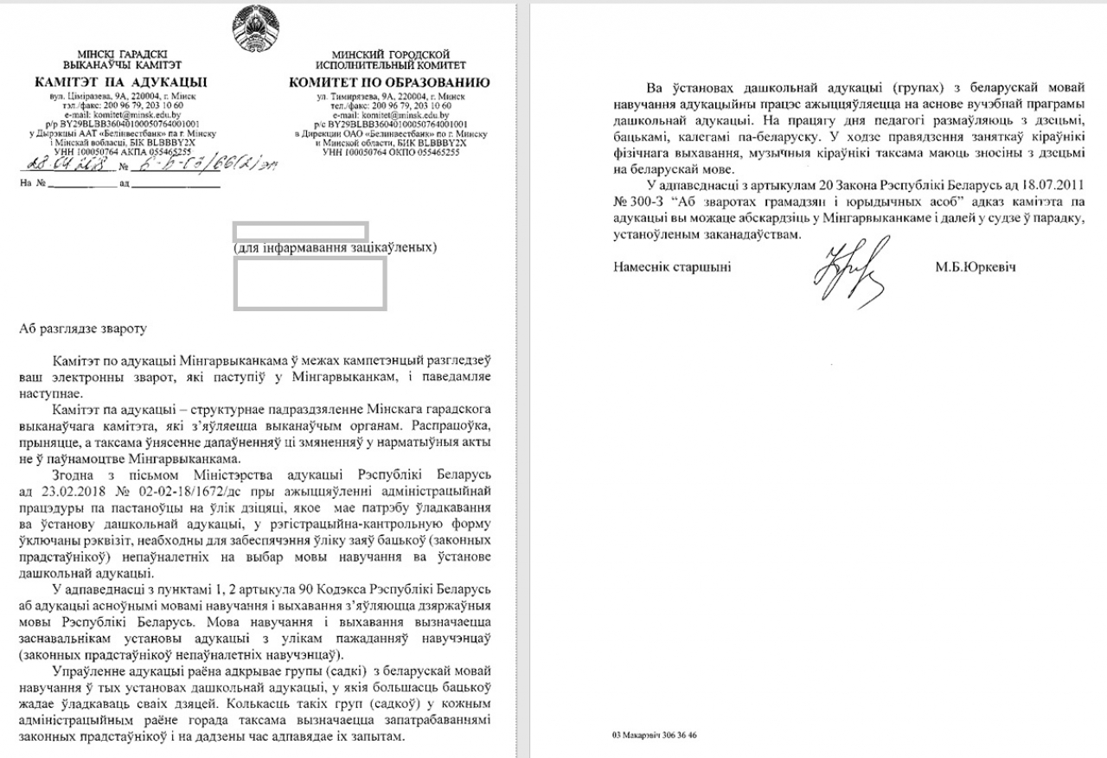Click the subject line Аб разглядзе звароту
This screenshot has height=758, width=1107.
84,328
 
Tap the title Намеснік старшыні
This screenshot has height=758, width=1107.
672,267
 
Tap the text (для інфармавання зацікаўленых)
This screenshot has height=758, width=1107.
335,248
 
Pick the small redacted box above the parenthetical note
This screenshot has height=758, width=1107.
301,231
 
